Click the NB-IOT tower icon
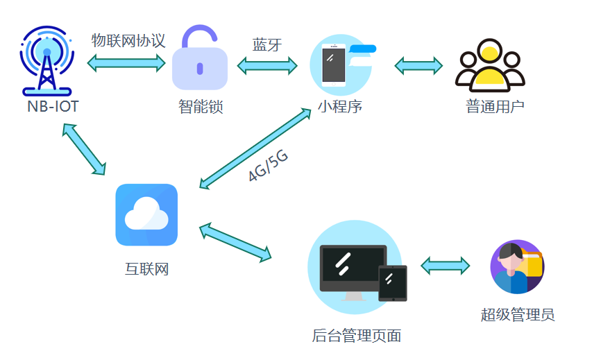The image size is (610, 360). coord(47,62)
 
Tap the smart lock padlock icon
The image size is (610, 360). coord(200,62)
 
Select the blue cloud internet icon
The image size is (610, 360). coord(146,215)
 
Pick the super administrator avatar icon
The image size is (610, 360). coord(517,267)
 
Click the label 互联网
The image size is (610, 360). coord(146,269)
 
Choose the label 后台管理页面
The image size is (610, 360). coord(357,336)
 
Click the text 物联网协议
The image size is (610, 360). coord(128,40)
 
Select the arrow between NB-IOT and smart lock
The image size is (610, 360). coord(126,63)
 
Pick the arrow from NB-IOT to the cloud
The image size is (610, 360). coord(84,148)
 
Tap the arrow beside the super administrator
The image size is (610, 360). coord(445,266)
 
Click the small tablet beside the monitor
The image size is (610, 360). coord(392,283)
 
